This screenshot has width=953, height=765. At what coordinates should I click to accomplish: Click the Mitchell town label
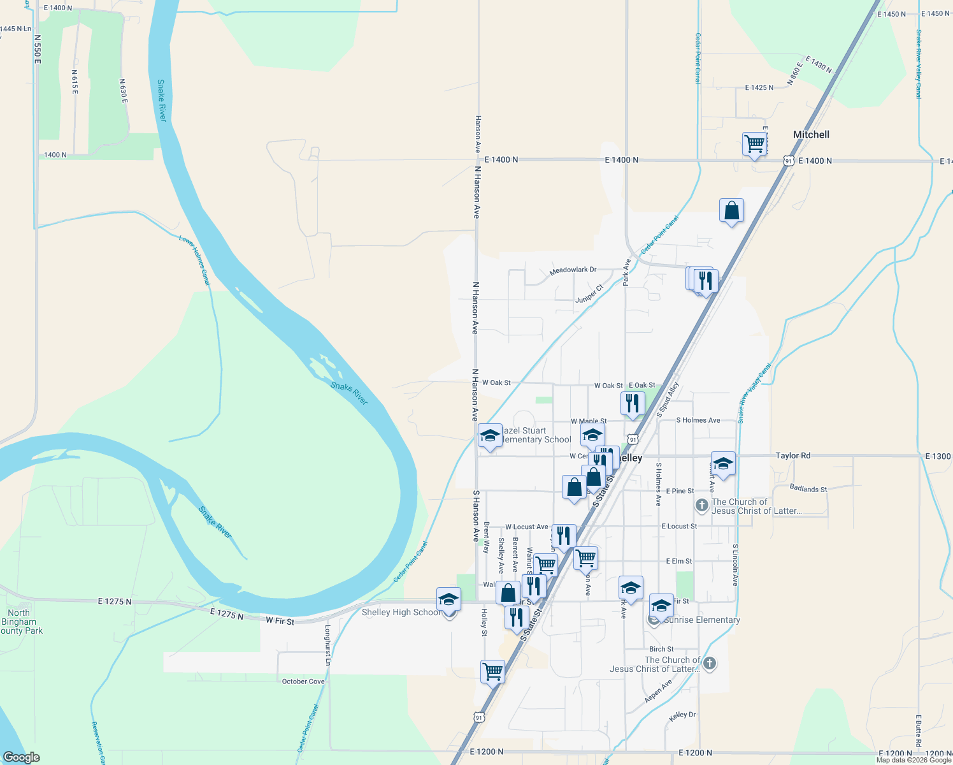(x=811, y=135)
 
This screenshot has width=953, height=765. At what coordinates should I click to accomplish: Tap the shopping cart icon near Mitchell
(x=754, y=144)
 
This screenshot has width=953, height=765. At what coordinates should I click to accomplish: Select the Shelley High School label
(x=401, y=612)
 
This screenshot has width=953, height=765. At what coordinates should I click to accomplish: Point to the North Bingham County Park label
(x=20, y=622)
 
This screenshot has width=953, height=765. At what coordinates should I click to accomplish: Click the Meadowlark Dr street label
(x=573, y=270)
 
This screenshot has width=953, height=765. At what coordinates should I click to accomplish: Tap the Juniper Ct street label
(x=589, y=295)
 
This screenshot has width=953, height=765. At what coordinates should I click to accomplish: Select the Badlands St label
(x=808, y=489)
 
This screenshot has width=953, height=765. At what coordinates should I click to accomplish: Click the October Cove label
(x=303, y=681)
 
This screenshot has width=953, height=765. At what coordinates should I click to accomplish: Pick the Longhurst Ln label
(x=327, y=645)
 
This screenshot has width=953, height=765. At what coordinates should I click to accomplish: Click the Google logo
(x=21, y=757)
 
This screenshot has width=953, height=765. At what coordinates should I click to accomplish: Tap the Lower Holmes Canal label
(x=194, y=259)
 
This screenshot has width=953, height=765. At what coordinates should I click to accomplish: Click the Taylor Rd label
(x=792, y=456)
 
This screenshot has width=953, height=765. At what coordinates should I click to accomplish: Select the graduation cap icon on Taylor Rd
(x=723, y=463)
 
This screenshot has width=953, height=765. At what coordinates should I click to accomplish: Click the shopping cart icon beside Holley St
(x=492, y=671)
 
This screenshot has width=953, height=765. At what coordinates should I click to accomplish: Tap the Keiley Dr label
(x=682, y=715)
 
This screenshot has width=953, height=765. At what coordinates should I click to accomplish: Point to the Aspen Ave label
(x=658, y=692)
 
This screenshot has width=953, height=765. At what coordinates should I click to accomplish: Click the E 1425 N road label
(x=759, y=88)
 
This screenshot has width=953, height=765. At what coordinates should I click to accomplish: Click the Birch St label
(x=661, y=649)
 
